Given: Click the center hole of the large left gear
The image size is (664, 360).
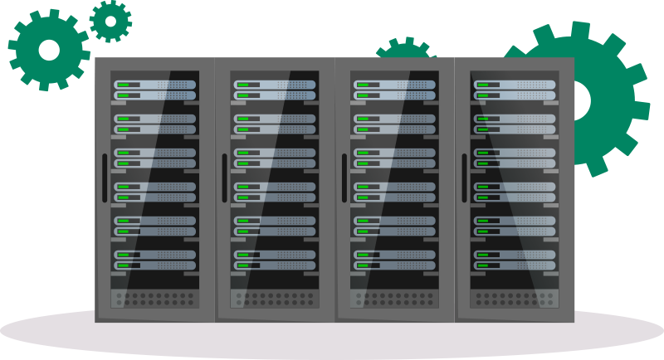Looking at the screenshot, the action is tap(49, 50).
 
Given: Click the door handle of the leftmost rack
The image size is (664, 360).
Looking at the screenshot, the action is tap(105, 178).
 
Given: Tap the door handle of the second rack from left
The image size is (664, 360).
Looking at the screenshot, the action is tap(224, 178).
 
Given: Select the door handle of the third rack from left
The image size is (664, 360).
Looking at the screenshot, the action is tap(344, 178).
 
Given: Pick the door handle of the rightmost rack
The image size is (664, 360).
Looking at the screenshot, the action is tap(464, 178).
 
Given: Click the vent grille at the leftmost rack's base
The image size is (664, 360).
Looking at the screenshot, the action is tap(155, 296).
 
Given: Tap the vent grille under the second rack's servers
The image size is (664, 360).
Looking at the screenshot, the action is tap(275, 296).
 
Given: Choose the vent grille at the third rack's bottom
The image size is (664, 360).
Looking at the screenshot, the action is tap(394, 296).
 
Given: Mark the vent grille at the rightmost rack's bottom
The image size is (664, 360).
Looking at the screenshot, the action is tap(515, 296).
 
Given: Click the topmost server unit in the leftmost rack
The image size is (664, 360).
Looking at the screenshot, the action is tap(155, 85).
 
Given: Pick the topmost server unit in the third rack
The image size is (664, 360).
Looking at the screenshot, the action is tap(394, 85).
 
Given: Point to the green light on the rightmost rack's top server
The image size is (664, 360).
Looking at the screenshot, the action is tap(481, 85).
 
